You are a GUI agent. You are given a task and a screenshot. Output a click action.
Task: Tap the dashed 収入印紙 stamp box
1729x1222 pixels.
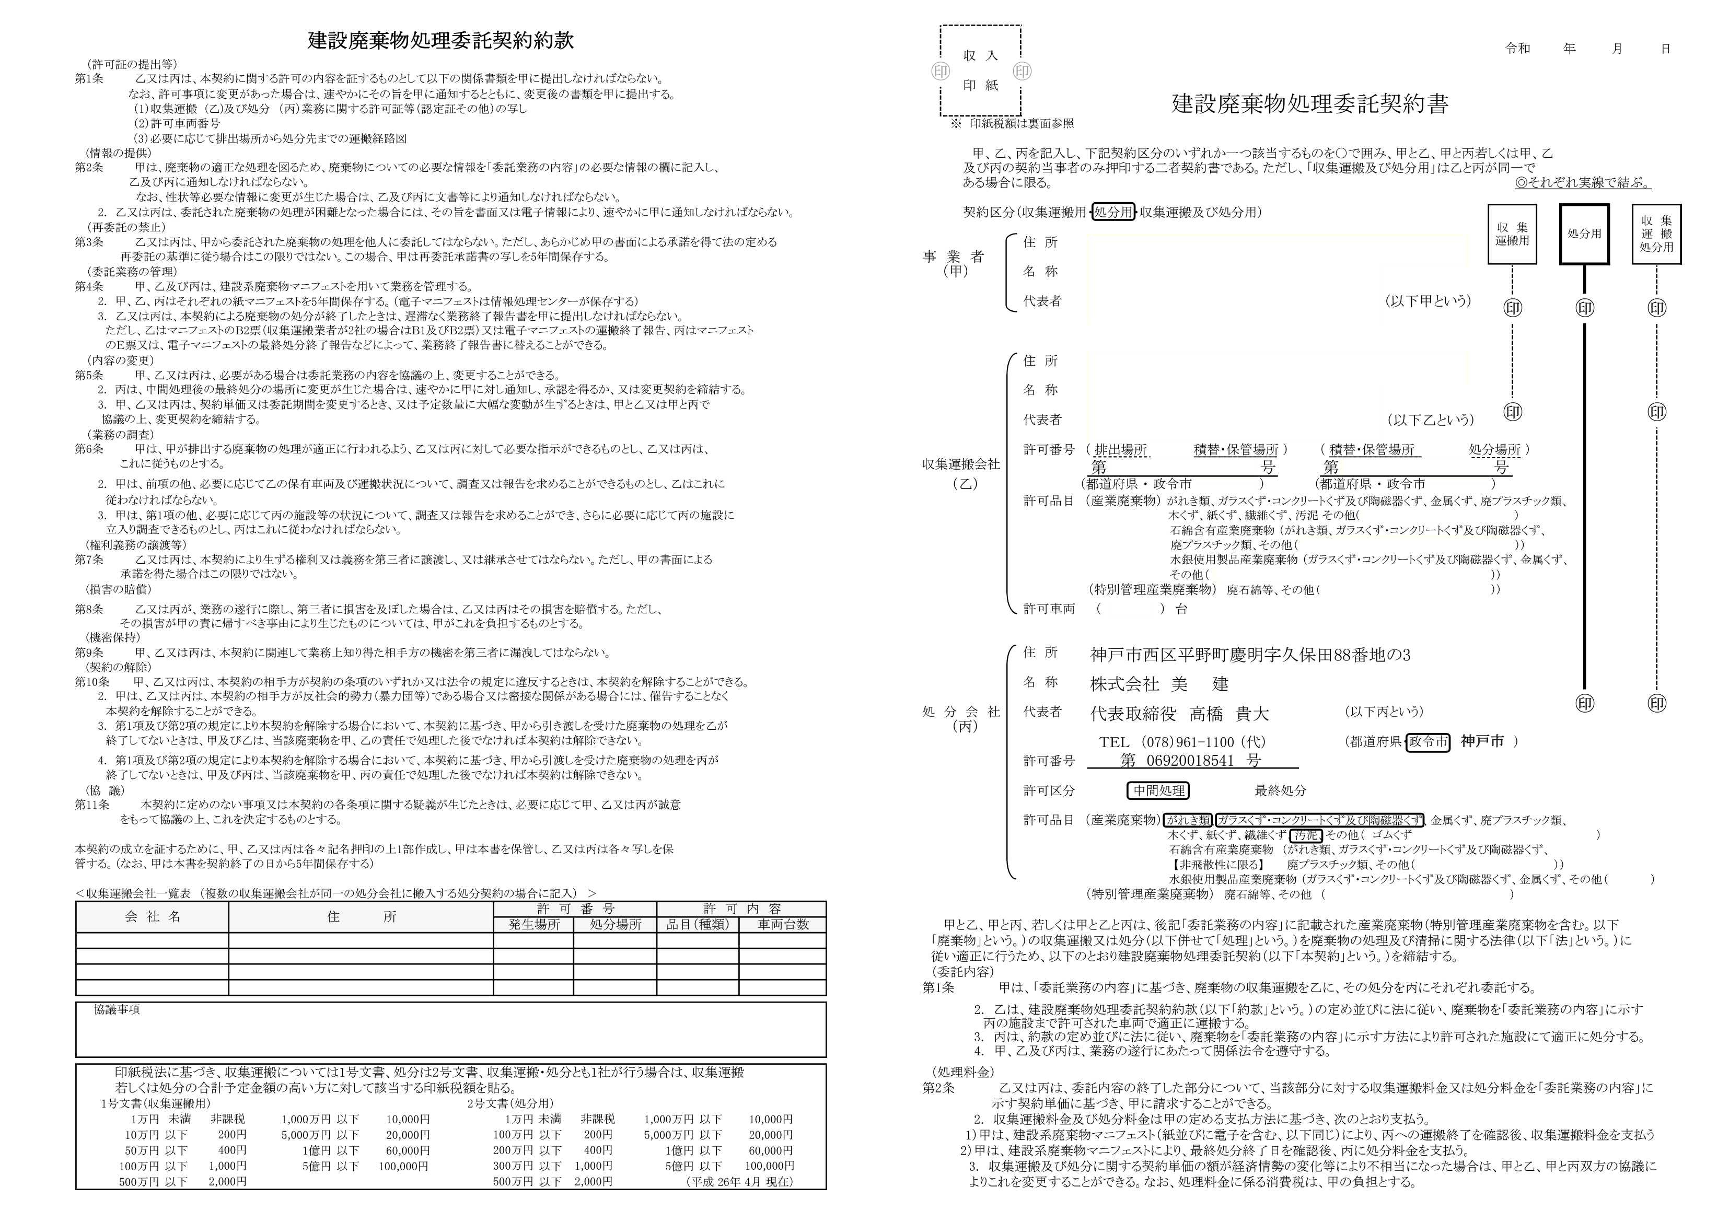(x=980, y=71)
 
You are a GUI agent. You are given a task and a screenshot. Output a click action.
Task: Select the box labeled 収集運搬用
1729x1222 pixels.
(x=1512, y=234)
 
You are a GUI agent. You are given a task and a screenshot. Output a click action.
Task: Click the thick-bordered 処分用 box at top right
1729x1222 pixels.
(x=1584, y=234)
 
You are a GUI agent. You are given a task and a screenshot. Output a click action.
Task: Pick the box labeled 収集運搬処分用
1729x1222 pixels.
(x=1657, y=234)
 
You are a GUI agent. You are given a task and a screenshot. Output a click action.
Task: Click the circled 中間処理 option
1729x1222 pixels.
(x=1158, y=790)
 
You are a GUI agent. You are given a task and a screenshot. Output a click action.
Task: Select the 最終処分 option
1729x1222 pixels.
(x=1280, y=790)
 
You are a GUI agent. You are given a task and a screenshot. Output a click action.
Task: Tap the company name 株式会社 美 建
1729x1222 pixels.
(x=1159, y=684)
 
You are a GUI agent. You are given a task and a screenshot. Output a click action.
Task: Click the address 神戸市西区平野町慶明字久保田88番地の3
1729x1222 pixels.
(x=1250, y=655)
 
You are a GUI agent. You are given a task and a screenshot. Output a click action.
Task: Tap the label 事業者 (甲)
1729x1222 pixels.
(x=954, y=263)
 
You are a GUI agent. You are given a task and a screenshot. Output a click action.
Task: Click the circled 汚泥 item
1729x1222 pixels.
(x=1306, y=835)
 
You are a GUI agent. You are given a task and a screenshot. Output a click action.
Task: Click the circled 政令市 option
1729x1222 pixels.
(x=1428, y=742)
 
